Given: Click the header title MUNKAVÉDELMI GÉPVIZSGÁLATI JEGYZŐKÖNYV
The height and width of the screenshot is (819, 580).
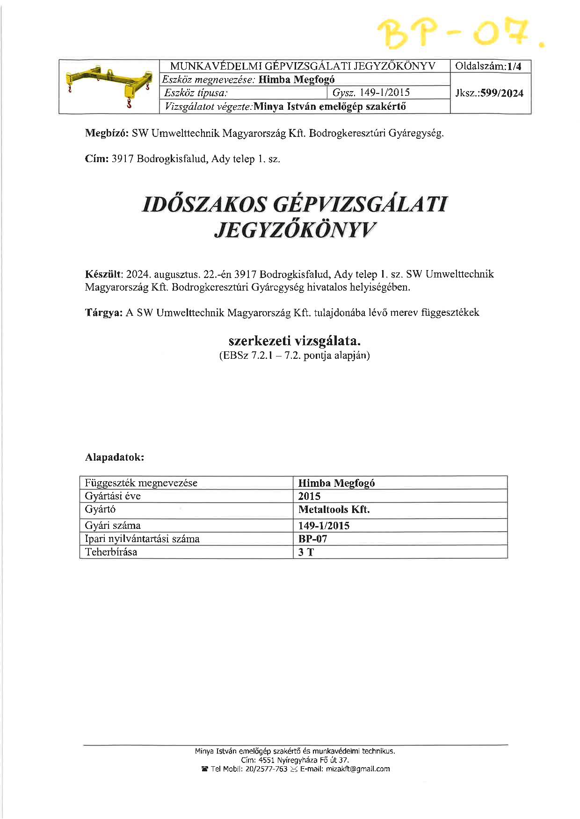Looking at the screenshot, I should [x=303, y=66].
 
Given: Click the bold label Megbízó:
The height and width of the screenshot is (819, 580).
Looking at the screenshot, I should [x=106, y=133].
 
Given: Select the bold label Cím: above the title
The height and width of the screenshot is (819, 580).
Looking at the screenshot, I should [x=97, y=159].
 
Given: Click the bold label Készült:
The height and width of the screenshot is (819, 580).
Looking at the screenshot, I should [x=104, y=274].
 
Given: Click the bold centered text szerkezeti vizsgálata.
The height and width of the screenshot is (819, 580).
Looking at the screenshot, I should [x=294, y=340].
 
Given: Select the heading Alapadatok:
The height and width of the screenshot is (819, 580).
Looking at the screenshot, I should [x=115, y=457].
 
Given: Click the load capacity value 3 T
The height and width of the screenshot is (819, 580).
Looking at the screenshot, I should [x=306, y=552].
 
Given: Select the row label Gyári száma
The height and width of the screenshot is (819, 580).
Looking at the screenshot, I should [x=113, y=525].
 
